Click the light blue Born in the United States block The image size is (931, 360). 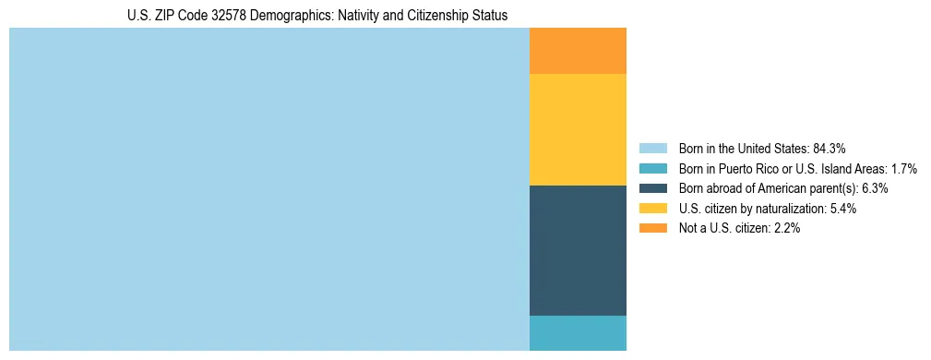click(x=269, y=189)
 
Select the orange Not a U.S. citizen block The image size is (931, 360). click(x=578, y=51)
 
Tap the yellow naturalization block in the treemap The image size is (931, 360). click(x=578, y=129)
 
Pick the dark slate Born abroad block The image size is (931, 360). click(x=578, y=250)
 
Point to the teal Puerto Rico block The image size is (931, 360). click(x=578, y=333)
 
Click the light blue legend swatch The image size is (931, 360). click(x=652, y=148)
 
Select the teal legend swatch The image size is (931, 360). click(x=652, y=168)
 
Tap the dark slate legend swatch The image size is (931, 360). click(x=652, y=188)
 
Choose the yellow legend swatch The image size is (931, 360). click(x=652, y=209)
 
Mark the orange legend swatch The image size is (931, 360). click(x=652, y=229)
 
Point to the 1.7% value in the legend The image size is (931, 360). click(x=903, y=168)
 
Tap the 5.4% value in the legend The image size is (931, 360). click(x=840, y=209)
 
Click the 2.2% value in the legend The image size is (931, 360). click(x=783, y=229)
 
